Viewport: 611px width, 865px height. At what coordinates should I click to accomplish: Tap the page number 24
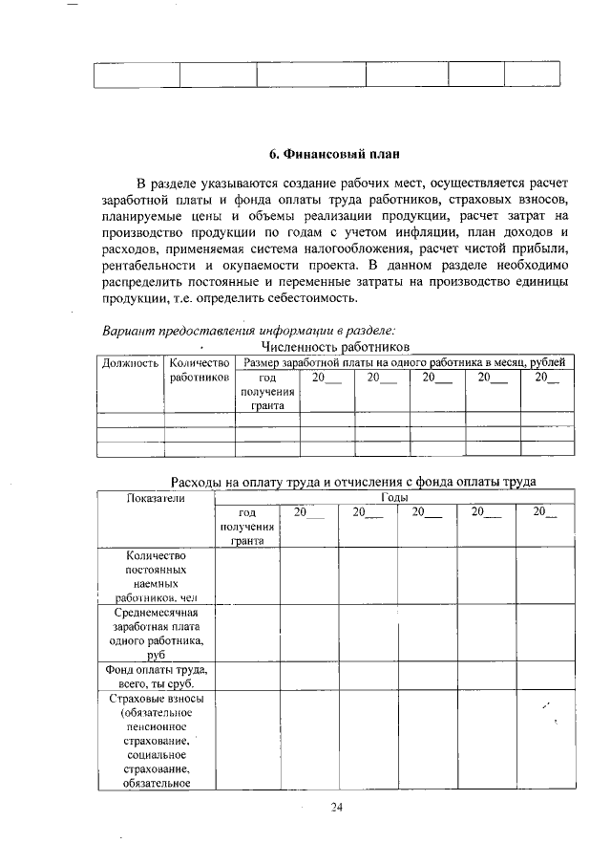(336, 807)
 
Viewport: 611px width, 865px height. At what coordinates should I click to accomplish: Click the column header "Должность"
(129, 363)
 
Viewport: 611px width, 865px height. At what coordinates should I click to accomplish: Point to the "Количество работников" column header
(200, 370)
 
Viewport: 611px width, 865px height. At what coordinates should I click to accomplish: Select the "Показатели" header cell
(155, 498)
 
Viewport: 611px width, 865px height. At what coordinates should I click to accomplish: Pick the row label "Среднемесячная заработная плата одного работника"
(155, 633)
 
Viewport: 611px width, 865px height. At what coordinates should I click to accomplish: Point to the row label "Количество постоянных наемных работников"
(155, 576)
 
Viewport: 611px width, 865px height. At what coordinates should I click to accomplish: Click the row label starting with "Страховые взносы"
(155, 741)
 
